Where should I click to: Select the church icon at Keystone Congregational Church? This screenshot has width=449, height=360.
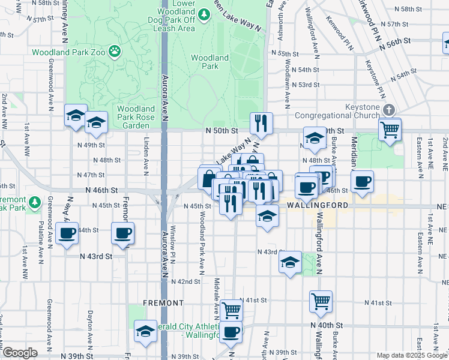coord(390,110)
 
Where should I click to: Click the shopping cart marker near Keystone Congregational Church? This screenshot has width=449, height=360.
coord(390,130)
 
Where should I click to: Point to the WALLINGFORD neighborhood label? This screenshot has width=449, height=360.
coord(316,205)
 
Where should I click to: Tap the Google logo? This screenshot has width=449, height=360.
coord(20,353)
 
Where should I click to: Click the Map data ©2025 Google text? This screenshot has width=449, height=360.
coord(412,355)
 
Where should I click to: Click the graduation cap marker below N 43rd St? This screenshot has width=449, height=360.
coord(291,263)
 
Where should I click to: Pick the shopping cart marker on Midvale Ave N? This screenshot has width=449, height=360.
coord(231,311)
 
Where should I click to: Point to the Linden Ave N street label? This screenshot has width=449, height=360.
coord(146,159)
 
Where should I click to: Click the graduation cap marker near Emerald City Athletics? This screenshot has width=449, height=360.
coord(145,332)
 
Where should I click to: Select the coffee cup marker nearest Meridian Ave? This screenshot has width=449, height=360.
coord(362,182)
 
